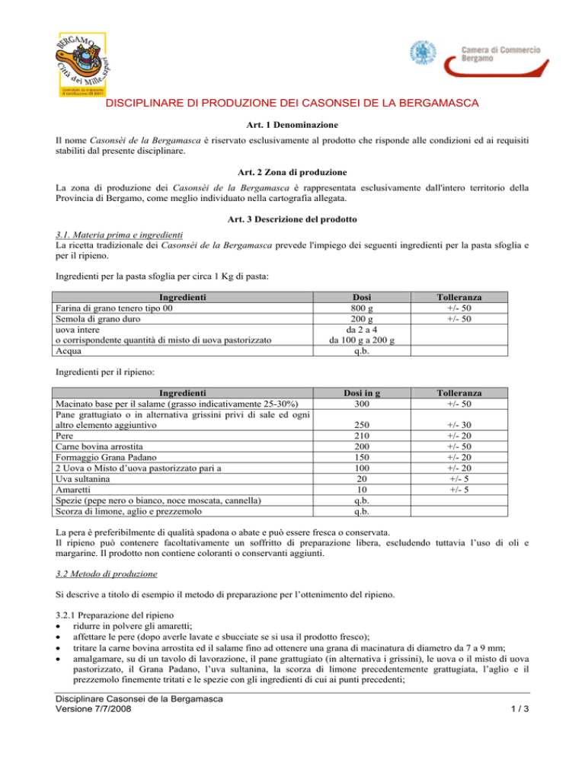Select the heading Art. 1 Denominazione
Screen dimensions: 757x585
click(292, 123)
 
